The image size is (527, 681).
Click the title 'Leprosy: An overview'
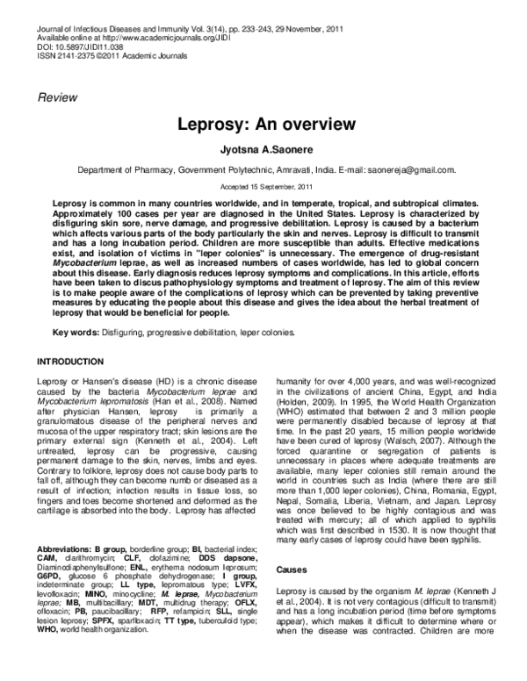coord(263,125)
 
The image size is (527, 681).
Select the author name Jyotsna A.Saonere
coord(263,150)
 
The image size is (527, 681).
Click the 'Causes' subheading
coord(293,570)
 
